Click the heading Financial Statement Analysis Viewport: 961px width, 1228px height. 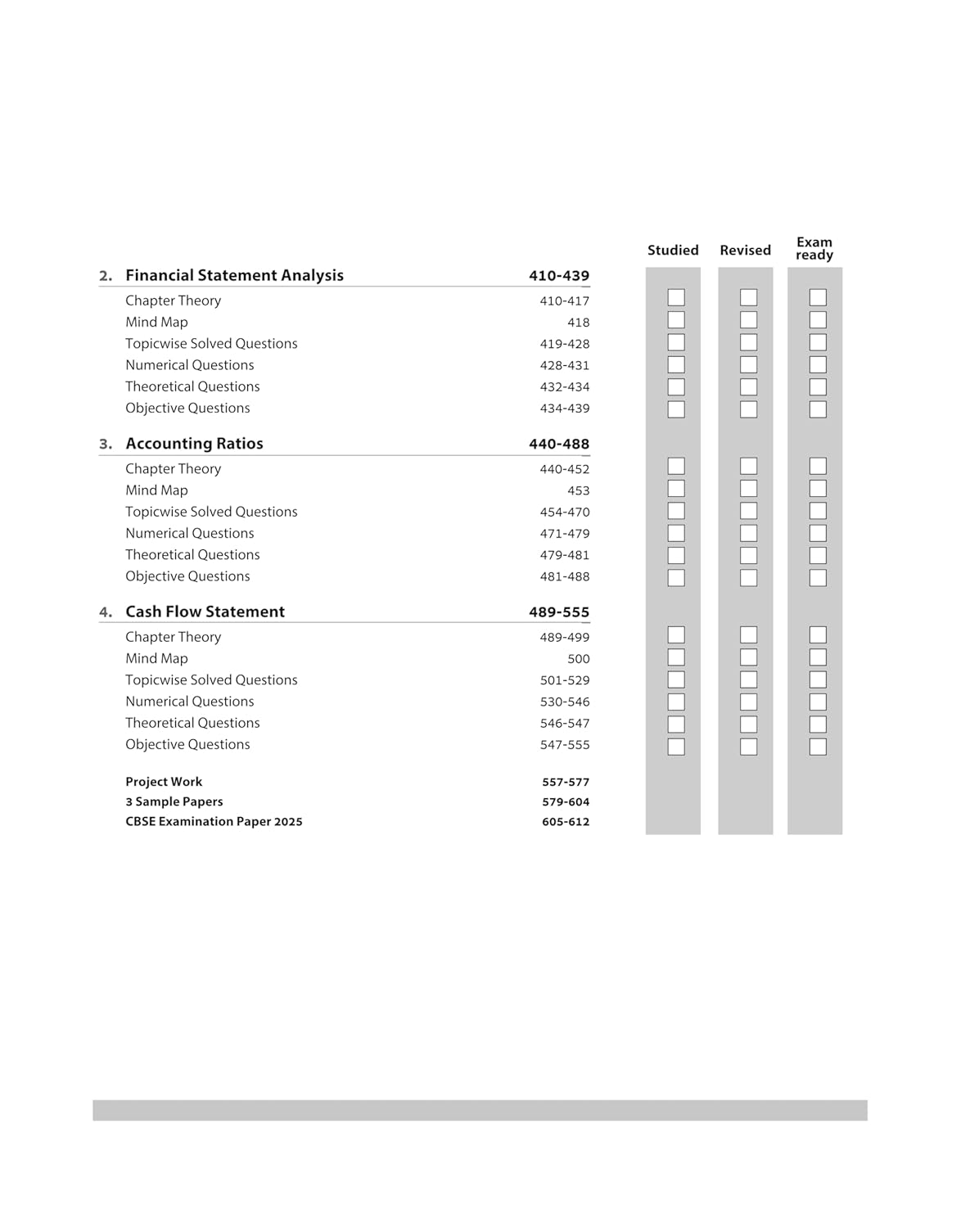(x=234, y=276)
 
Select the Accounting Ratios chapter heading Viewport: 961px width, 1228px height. (x=194, y=444)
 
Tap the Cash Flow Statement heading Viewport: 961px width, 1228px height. (x=205, y=612)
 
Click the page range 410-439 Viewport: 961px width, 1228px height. (x=559, y=276)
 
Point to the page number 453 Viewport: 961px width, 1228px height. (x=578, y=490)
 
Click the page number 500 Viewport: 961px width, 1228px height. (x=578, y=659)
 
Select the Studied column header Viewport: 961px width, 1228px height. (x=673, y=251)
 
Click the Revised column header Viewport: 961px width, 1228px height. (x=745, y=251)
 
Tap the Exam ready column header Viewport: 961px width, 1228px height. (x=814, y=249)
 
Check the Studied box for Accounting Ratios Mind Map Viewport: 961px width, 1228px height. (x=676, y=489)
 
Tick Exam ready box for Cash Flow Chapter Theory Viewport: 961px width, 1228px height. (x=818, y=634)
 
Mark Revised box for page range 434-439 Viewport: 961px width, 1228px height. (x=748, y=409)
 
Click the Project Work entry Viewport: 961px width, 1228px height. (x=164, y=782)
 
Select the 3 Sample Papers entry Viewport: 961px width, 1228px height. (x=174, y=801)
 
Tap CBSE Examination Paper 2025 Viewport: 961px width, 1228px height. (x=214, y=821)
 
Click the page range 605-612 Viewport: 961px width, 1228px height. (x=566, y=822)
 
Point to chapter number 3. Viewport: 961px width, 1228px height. (x=106, y=445)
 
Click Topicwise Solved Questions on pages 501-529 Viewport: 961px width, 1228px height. (x=211, y=680)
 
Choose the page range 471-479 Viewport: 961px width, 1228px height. (x=565, y=534)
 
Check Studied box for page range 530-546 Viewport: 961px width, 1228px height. (x=676, y=702)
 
